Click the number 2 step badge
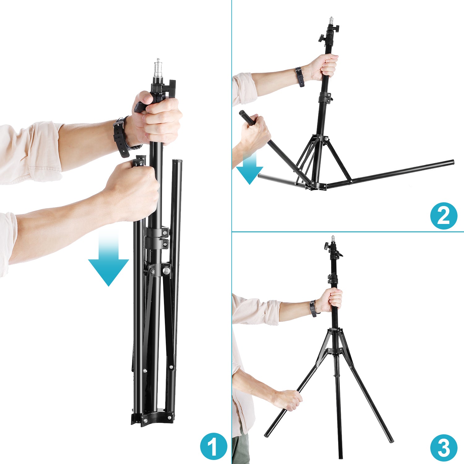[x=444, y=216]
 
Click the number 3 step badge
[x=444, y=448]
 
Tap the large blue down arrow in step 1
[x=108, y=259]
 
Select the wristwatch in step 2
[x=299, y=77]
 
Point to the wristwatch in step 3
[x=314, y=308]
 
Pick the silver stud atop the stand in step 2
[x=331, y=21]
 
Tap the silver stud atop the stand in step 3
[x=333, y=239]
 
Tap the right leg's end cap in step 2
[x=452, y=162]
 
